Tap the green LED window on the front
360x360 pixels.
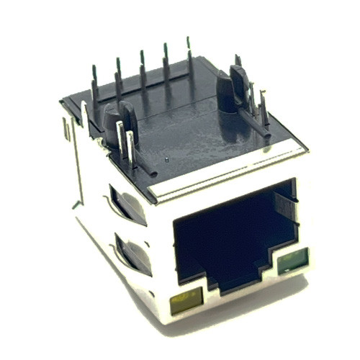[x=292, y=261]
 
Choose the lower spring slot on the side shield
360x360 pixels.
[x=132, y=253]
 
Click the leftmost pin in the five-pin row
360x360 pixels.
[x=94, y=83]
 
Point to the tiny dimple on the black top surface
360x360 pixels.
[x=166, y=158]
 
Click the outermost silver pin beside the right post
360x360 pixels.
[x=265, y=112]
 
